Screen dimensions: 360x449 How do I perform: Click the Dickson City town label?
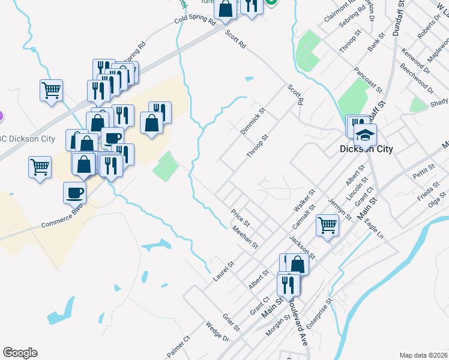pos(366,149)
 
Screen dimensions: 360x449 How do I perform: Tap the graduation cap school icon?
pos(364,135)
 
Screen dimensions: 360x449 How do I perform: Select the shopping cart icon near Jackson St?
pos(328,226)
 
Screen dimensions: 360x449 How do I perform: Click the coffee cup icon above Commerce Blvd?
pos(75,193)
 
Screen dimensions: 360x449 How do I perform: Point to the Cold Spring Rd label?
pos(194,20)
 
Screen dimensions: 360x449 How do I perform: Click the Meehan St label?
pos(245,236)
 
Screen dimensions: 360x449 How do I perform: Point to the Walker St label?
pos(304,200)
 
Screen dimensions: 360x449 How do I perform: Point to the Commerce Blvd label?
pos(61,217)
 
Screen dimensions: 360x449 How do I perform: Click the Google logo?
pos(20,353)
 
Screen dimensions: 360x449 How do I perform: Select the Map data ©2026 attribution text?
pos(423,355)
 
